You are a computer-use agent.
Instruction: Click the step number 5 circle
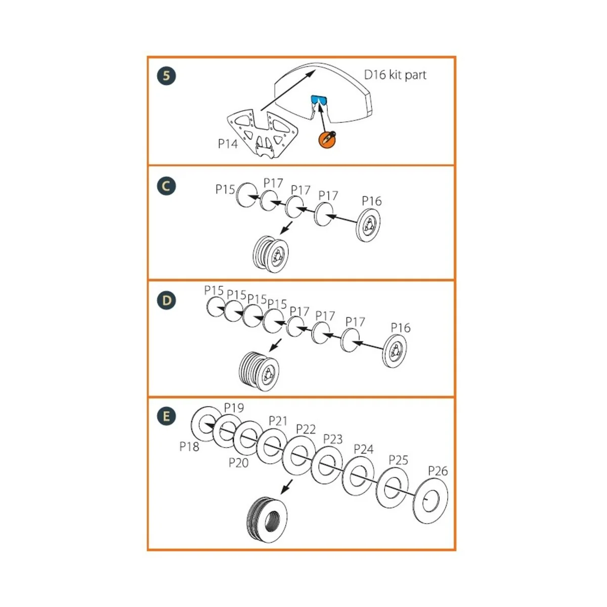166,76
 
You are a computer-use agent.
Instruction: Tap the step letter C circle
166,186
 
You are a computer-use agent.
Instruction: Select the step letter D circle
166,301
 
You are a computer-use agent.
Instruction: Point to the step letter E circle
166,417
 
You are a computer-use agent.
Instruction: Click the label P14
228,144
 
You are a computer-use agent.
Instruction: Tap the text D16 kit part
395,75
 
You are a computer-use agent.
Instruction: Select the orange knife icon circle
327,139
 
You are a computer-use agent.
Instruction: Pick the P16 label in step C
372,201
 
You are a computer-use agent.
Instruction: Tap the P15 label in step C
225,190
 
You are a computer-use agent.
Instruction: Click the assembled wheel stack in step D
258,371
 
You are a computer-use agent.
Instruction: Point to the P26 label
438,471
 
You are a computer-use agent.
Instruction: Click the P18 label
189,447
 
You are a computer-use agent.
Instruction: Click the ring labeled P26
430,500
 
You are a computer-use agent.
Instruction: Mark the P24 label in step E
363,449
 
